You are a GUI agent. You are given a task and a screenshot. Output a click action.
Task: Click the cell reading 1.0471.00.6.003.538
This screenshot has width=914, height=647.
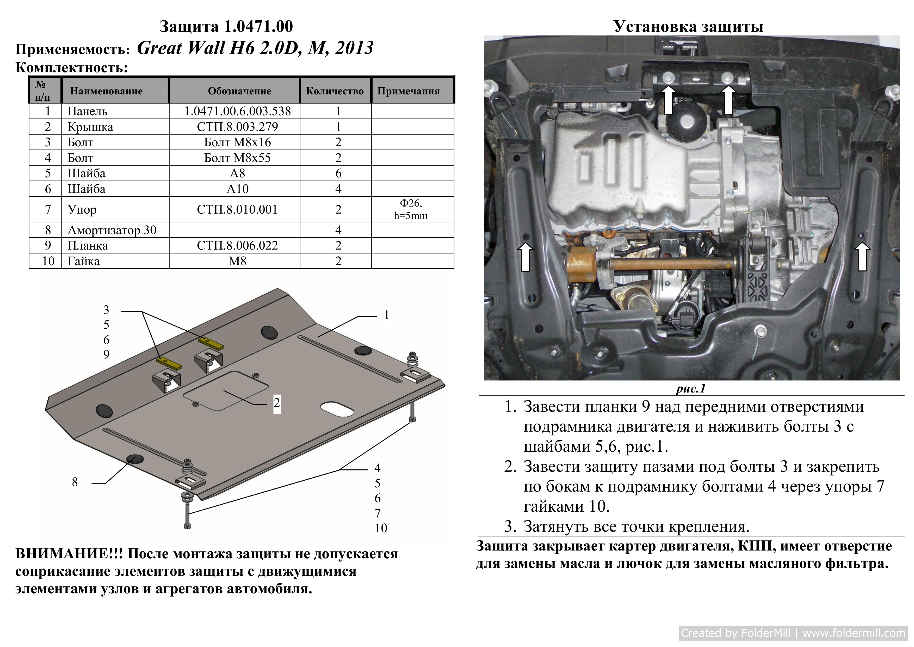point(237,111)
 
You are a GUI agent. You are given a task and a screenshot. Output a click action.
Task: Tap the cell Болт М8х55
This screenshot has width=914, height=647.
point(237,158)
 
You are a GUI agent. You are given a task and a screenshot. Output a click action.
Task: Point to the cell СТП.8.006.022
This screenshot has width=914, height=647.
point(237,245)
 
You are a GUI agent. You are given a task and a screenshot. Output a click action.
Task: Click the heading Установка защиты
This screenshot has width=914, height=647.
point(688,26)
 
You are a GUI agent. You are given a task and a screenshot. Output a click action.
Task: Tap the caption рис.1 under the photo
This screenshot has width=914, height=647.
point(691,388)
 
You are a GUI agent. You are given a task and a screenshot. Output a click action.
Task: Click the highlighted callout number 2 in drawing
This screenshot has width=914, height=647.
point(277,403)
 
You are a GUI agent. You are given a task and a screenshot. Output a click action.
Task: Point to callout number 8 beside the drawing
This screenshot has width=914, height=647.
point(75,482)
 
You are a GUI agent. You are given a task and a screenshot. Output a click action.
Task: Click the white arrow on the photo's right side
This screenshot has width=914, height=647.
point(862,257)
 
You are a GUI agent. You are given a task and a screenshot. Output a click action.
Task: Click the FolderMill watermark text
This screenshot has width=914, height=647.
point(793,633)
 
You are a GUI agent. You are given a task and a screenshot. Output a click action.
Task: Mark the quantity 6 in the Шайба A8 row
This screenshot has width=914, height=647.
point(338,173)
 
